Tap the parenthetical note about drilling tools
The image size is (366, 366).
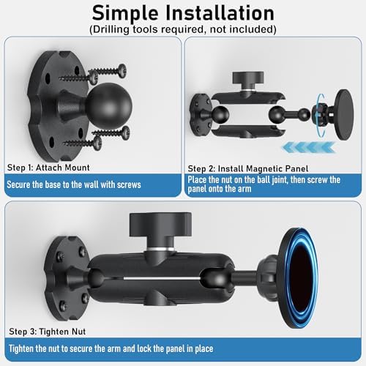tap(183, 30)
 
